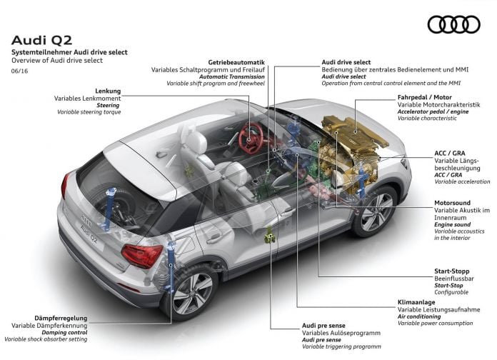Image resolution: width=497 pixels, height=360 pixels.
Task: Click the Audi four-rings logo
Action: [x=454, y=24]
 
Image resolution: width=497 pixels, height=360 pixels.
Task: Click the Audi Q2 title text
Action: [x=42, y=40]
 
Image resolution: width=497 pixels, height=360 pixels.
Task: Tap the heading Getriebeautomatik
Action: [x=236, y=62]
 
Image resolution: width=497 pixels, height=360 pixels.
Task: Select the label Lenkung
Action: [x=108, y=91]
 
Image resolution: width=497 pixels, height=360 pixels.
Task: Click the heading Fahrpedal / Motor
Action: [x=424, y=97]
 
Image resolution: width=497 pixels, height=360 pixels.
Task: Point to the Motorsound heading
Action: [x=452, y=203]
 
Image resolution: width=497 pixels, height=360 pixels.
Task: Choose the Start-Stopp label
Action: [x=451, y=271]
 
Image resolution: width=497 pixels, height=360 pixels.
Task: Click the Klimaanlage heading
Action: [x=416, y=302]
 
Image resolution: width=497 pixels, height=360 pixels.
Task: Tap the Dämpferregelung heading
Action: [x=61, y=318]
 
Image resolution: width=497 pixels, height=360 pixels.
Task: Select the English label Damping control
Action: [x=64, y=332]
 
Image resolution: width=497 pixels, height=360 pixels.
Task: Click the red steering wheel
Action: [x=251, y=138]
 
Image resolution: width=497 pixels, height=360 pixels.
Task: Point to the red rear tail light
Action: [x=141, y=255]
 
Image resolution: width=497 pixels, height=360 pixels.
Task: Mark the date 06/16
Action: [x=19, y=71]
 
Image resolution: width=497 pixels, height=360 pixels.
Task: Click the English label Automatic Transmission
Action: [x=231, y=76]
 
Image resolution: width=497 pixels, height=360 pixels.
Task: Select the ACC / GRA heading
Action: [x=449, y=153]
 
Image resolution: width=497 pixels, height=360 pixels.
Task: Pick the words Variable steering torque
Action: [x=89, y=112]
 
